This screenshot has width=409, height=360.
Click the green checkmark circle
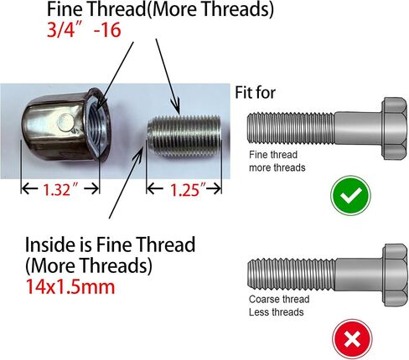(350, 195)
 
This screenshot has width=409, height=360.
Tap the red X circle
(352, 339)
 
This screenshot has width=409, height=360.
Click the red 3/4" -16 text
(84, 29)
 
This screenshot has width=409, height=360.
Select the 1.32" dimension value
(60, 190)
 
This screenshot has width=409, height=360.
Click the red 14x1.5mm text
(70, 286)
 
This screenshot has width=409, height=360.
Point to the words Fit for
(255, 93)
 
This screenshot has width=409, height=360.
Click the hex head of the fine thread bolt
(394, 128)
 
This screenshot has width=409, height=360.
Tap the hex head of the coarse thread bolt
(395, 275)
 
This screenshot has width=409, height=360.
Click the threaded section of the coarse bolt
(291, 273)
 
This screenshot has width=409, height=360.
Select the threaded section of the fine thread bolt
(291, 128)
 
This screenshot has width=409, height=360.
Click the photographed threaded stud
(184, 136)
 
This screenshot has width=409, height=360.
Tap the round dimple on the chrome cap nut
(66, 122)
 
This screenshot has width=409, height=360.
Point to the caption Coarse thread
(279, 299)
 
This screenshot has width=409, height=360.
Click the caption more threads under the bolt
(277, 167)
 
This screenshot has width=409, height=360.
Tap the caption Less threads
(276, 312)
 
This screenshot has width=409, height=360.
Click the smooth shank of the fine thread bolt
(359, 128)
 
